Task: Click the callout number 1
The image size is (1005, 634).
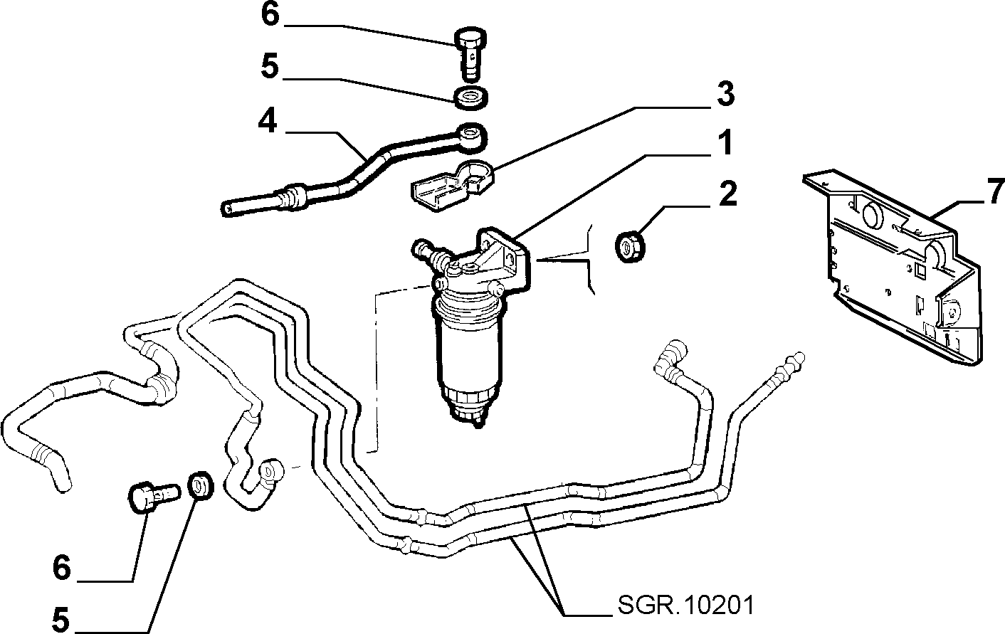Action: coord(725,143)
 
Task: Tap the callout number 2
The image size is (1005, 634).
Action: coord(727,194)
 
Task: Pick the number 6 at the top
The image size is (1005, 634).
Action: coord(270,14)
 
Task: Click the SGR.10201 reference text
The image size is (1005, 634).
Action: coord(685,606)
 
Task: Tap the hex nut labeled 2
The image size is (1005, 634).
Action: coord(629,245)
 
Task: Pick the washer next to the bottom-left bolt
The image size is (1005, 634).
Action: coord(201,485)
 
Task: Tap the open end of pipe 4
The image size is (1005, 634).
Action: coord(228,208)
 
